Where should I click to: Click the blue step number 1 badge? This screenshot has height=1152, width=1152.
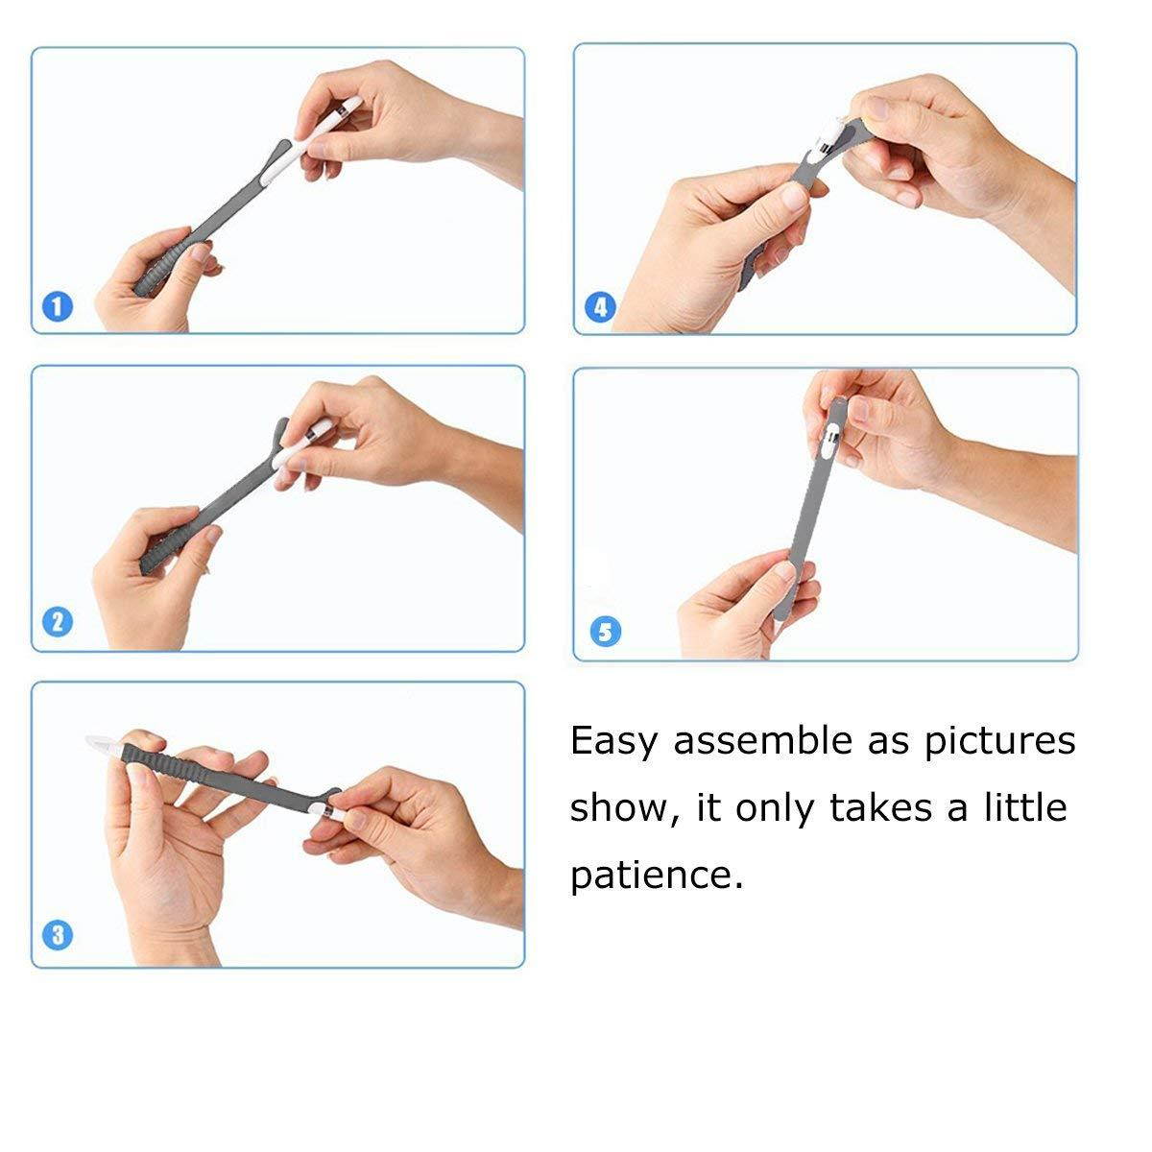58,306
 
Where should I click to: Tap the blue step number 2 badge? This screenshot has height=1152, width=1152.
58,622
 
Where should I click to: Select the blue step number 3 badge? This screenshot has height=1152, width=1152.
58,935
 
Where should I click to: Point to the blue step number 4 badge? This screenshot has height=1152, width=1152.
600,307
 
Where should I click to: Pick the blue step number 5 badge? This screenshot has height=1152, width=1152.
605,632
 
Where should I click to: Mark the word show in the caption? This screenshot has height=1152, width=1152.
625,808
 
